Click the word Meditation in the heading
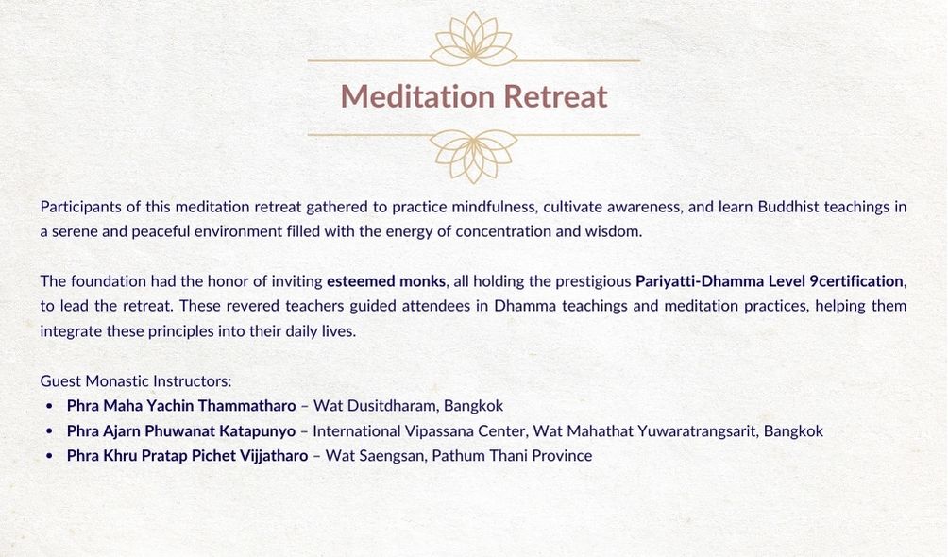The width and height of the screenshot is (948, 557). (417, 96)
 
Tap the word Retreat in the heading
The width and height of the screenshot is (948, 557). (555, 96)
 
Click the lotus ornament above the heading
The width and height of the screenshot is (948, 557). (473, 40)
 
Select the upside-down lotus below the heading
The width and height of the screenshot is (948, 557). (473, 156)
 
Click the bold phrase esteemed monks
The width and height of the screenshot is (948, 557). (386, 281)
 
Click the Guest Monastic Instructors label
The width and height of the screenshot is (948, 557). (136, 381)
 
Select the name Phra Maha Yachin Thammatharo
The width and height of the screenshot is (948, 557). (181, 405)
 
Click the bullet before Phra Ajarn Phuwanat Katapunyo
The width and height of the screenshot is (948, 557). (50, 431)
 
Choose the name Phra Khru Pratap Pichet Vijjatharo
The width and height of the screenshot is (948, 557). (187, 455)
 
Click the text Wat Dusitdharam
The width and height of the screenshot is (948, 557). (374, 405)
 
